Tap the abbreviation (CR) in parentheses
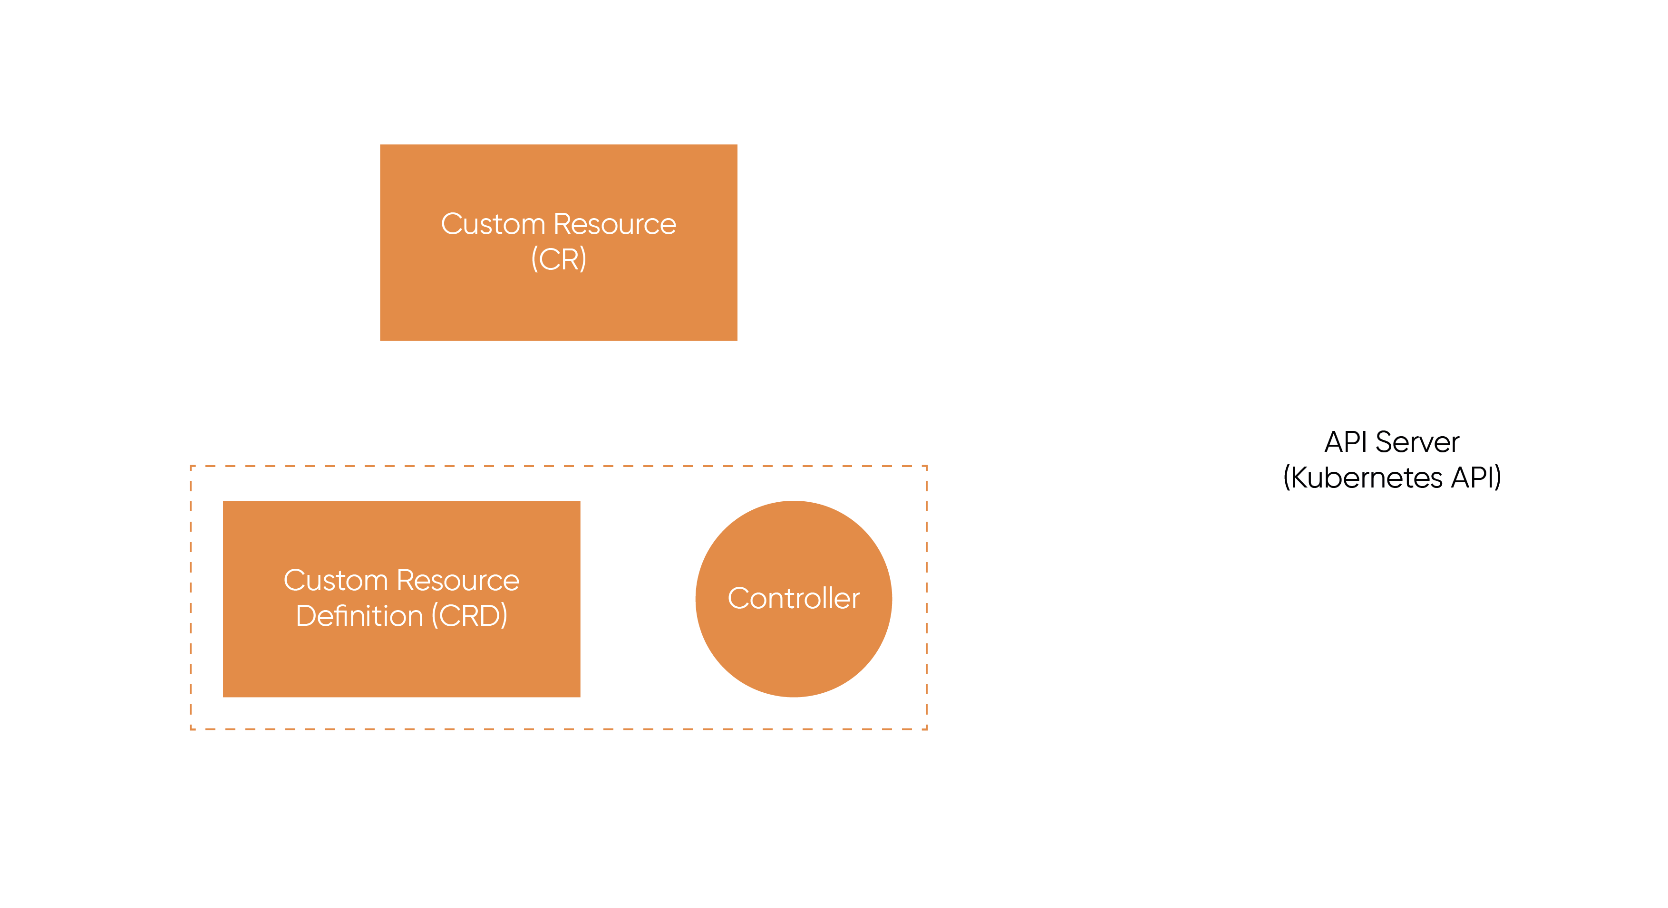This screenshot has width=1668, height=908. [558, 259]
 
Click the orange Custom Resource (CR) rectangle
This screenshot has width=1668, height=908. [558, 304]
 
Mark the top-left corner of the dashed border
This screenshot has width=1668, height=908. [191, 466]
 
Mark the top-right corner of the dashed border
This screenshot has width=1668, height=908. [927, 466]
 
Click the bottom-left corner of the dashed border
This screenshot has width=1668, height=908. [191, 729]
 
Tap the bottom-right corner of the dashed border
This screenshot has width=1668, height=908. [927, 729]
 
